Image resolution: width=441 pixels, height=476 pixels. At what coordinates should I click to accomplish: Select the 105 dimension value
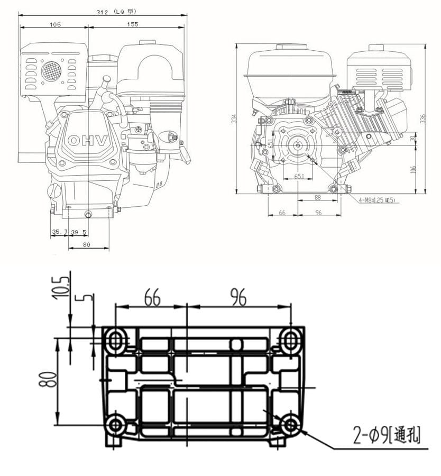pyautogui.click(x=54, y=24)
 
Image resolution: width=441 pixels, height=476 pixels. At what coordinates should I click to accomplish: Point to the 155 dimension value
pyautogui.click(x=133, y=24)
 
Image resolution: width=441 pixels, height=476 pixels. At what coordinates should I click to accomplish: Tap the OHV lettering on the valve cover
pyautogui.click(x=88, y=141)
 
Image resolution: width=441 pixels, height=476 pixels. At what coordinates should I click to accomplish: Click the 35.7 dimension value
pyautogui.click(x=59, y=232)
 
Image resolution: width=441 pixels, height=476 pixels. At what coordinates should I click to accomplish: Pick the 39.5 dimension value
pyautogui.click(x=79, y=232)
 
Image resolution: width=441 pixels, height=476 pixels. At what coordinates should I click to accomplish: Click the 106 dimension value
pyautogui.click(x=413, y=169)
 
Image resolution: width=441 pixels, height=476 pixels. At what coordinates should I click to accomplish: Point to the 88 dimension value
pyautogui.click(x=317, y=197)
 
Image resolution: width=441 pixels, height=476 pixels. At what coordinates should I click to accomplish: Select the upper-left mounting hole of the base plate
pyautogui.click(x=115, y=341)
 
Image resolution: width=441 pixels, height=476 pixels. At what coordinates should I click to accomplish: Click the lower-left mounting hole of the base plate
pyautogui.click(x=115, y=425)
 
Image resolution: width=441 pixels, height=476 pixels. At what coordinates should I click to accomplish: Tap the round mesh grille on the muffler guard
pyautogui.click(x=51, y=70)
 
